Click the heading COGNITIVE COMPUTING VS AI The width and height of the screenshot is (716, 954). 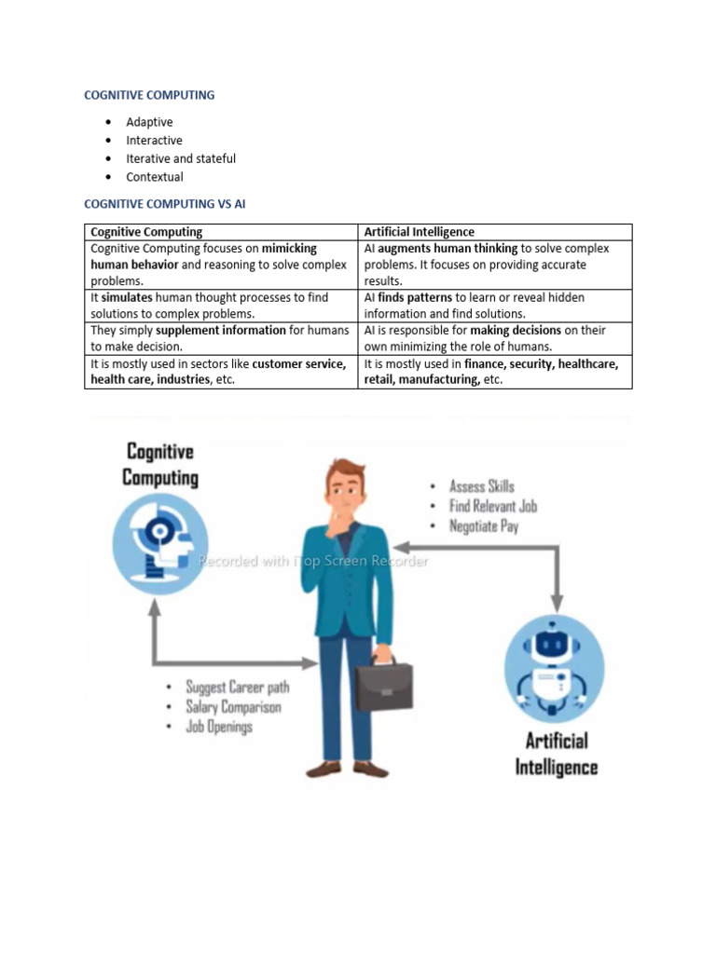[165, 203]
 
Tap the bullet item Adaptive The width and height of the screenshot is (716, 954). [149, 122]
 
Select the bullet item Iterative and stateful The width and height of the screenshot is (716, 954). [181, 158]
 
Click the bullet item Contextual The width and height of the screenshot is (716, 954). [155, 177]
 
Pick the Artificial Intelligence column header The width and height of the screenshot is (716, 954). [419, 232]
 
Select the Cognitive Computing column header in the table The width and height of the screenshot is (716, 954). [146, 232]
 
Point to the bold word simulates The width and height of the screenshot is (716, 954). [127, 297]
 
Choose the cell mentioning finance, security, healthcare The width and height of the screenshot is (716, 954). [494, 372]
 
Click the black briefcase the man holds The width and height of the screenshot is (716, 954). [385, 688]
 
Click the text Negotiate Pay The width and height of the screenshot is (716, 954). [484, 526]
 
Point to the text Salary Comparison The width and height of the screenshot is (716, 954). [233, 707]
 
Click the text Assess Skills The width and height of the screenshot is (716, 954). [481, 486]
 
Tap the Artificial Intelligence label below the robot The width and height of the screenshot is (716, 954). [556, 754]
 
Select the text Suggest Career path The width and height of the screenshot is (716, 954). [237, 688]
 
